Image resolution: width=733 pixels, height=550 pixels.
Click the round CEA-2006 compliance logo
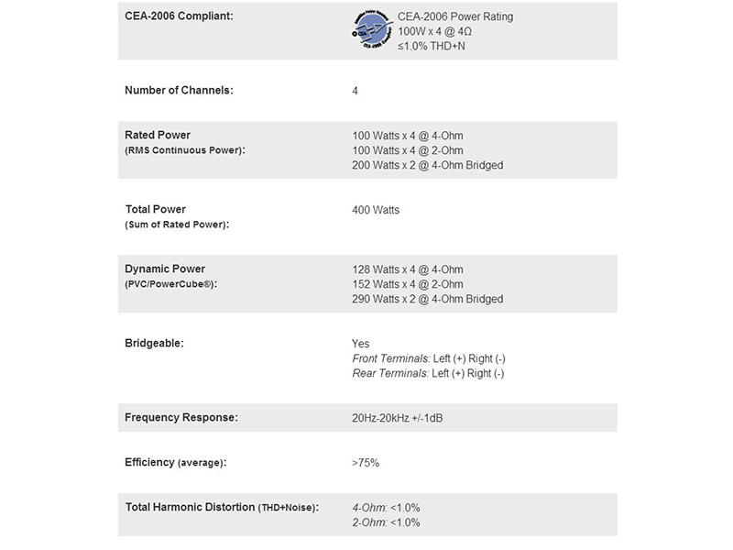[x=371, y=30]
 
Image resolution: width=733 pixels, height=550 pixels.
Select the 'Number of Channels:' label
[x=179, y=91]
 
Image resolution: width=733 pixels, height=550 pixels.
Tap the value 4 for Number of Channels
[x=356, y=91]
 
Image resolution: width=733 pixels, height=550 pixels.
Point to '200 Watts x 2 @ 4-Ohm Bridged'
[x=427, y=165]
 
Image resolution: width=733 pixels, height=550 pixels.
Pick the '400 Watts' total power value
[x=376, y=210]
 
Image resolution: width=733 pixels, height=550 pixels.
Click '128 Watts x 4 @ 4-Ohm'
[x=407, y=269]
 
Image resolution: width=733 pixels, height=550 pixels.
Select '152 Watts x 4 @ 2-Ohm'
[x=407, y=284]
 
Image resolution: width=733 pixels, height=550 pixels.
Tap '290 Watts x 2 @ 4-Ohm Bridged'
[x=427, y=299]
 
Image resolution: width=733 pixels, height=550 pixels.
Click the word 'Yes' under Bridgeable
[x=361, y=344]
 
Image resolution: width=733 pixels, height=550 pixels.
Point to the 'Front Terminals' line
[x=428, y=358]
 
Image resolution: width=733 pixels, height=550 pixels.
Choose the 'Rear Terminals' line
[x=428, y=373]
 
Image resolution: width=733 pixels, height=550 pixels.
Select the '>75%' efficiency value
[x=366, y=463]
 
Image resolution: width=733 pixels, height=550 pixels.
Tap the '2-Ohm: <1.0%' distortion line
[x=386, y=522]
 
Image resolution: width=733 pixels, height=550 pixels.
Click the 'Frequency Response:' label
[x=181, y=418]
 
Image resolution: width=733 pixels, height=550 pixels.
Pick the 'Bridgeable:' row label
[x=155, y=344]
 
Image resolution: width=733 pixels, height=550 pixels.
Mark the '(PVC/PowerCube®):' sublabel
[x=171, y=284]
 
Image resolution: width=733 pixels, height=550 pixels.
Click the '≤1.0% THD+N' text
[x=431, y=45]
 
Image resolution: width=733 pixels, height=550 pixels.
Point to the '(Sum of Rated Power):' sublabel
[x=176, y=225]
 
